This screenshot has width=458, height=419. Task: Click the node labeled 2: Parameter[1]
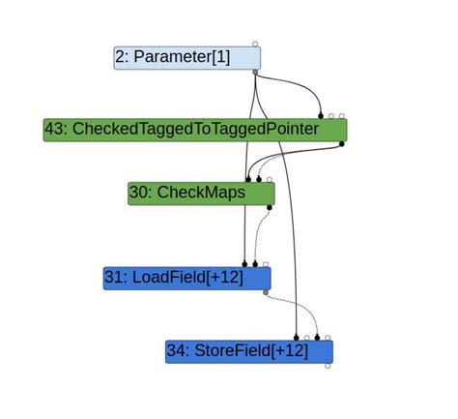(x=186, y=58)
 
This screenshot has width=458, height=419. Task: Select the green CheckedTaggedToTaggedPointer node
(x=194, y=130)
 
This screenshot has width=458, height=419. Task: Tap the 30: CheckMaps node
(x=201, y=194)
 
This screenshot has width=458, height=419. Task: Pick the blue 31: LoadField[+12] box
(x=186, y=279)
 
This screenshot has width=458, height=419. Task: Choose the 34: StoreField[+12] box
(x=248, y=351)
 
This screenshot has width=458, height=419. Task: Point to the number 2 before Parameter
(x=120, y=58)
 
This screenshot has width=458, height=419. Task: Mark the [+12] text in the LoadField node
(x=224, y=279)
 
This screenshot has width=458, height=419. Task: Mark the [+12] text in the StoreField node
(x=289, y=351)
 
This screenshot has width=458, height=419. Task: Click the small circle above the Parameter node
(x=255, y=44)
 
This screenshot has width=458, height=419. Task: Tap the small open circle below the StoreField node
(x=328, y=366)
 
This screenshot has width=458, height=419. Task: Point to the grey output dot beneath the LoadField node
(x=266, y=291)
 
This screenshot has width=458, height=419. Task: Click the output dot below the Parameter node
(x=255, y=72)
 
